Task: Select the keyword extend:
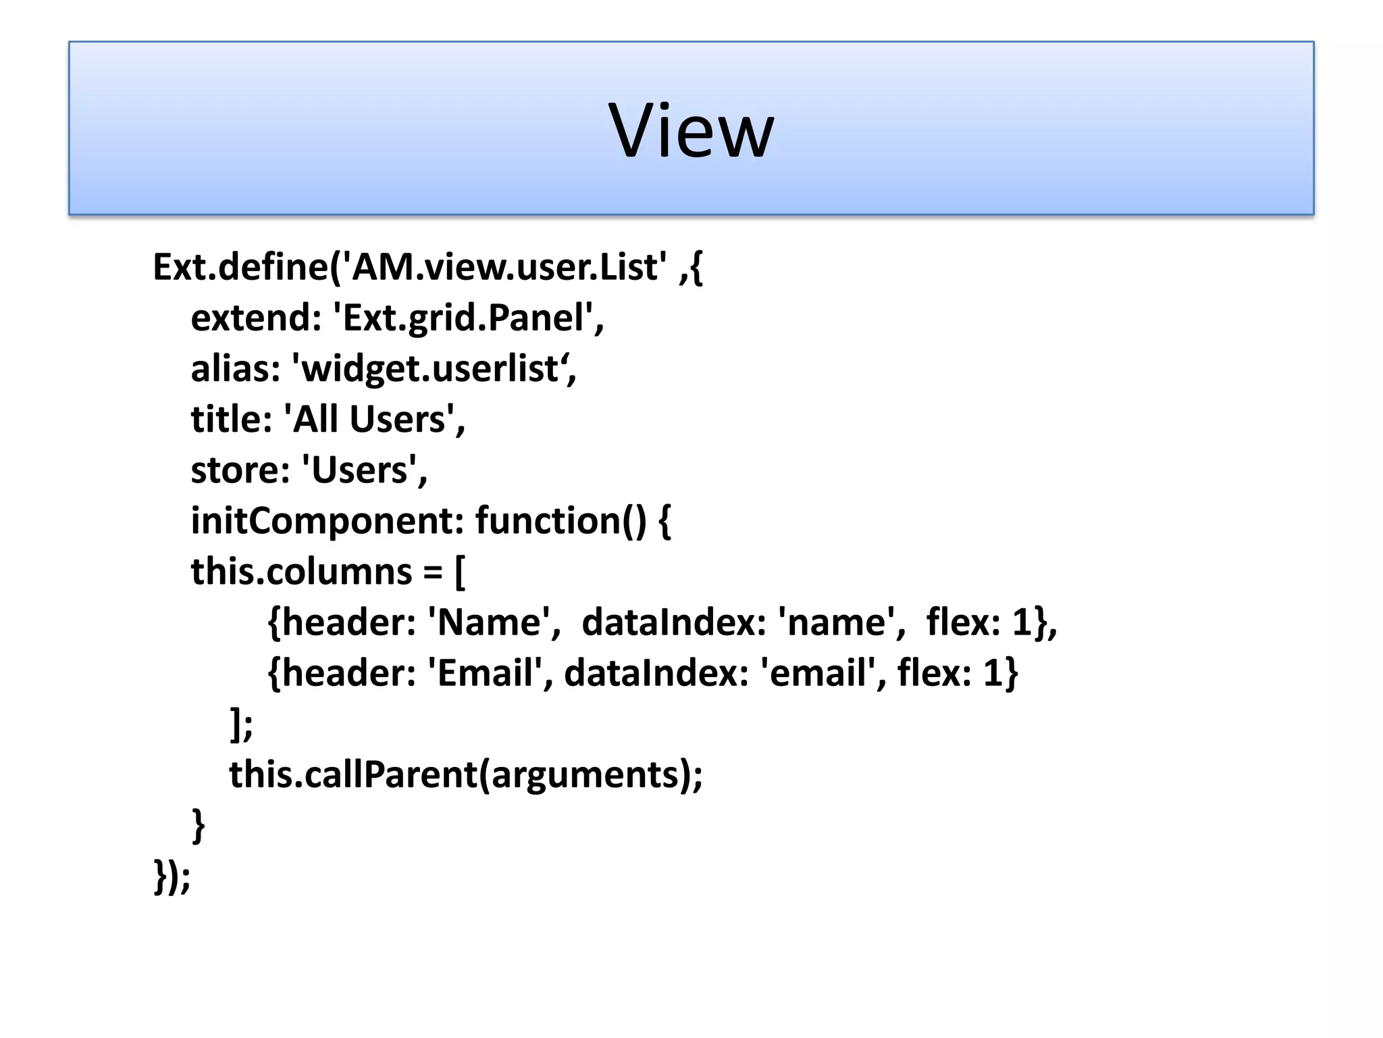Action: (256, 318)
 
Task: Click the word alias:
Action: (235, 369)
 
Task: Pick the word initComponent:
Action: (327, 521)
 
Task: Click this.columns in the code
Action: (301, 572)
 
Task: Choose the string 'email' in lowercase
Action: (818, 673)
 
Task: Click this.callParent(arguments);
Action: (465, 774)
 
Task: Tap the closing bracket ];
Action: (241, 724)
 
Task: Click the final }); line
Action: (172, 876)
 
